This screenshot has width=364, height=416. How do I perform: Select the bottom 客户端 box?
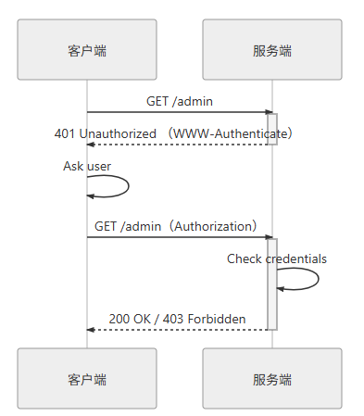(x=87, y=379)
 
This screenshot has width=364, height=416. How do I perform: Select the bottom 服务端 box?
(x=272, y=379)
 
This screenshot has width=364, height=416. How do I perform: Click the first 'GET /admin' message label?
(x=180, y=101)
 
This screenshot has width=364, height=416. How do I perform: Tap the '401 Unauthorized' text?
(x=105, y=133)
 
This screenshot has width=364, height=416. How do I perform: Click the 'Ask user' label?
(x=87, y=166)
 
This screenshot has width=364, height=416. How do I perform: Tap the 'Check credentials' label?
(x=277, y=258)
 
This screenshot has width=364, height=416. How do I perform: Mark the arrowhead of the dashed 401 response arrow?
(x=92, y=145)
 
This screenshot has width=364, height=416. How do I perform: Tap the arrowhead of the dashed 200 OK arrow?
(x=92, y=330)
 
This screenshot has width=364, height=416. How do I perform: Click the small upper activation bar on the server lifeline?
(x=272, y=129)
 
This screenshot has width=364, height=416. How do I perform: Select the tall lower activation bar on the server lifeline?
(x=272, y=284)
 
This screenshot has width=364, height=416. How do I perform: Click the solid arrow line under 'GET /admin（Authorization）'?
(x=176, y=237)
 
